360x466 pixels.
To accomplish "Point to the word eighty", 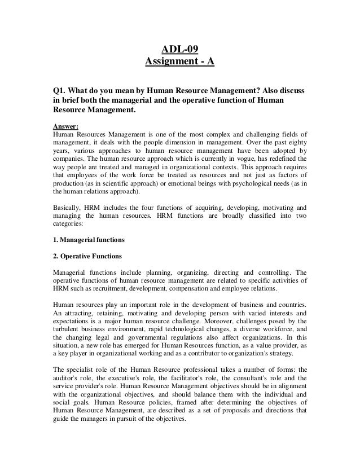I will pyautogui.click(x=295, y=143).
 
